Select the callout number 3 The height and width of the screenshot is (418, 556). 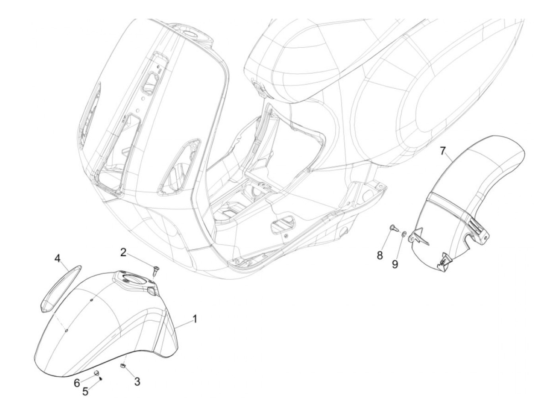(137, 382)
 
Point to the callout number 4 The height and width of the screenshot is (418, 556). (58, 259)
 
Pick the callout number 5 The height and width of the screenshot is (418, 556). (85, 391)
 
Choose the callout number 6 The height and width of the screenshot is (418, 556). (77, 383)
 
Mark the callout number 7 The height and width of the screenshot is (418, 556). (443, 151)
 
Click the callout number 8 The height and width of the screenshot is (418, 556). (380, 255)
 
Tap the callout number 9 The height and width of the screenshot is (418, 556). (395, 264)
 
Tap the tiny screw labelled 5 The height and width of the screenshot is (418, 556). (101, 379)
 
